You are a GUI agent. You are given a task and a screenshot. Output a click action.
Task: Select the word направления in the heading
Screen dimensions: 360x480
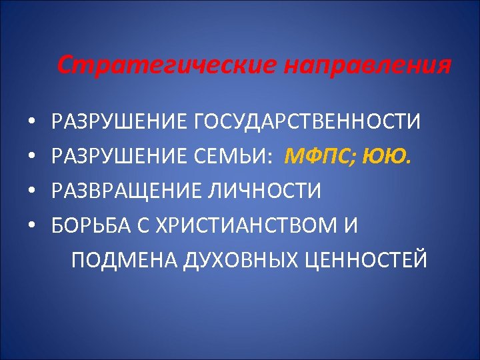click(367, 66)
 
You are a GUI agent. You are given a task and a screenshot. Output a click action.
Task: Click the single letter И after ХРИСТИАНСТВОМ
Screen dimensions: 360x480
click(351, 226)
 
